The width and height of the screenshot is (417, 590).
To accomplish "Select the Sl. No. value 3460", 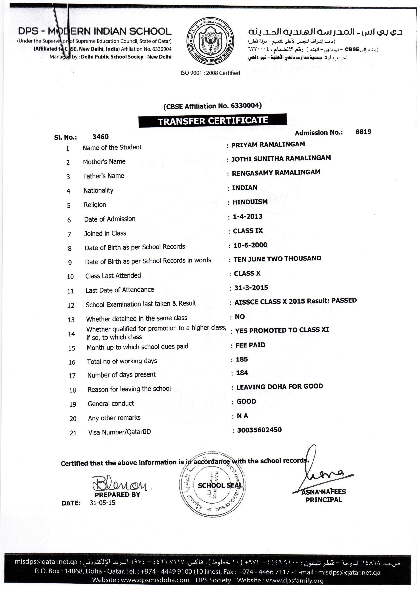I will tap(100, 137).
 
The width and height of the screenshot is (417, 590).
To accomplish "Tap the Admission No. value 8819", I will tap(363, 132).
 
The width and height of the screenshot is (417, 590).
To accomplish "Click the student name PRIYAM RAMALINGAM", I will tap(268, 145).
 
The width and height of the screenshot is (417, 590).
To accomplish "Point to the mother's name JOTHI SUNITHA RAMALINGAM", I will tap(281, 158).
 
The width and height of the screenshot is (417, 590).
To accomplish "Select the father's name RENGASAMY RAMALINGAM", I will tap(276, 173).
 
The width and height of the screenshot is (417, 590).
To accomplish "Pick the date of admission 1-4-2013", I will tap(248, 217).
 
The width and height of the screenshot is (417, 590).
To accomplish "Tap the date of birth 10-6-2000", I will tap(250, 245).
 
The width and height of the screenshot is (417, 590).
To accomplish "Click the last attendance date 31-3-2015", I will tap(251, 288).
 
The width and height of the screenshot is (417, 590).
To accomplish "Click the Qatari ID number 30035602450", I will tap(259, 430).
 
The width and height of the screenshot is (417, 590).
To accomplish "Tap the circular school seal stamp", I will tap(213, 484).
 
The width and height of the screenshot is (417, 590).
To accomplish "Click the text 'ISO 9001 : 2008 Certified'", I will tap(210, 73).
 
